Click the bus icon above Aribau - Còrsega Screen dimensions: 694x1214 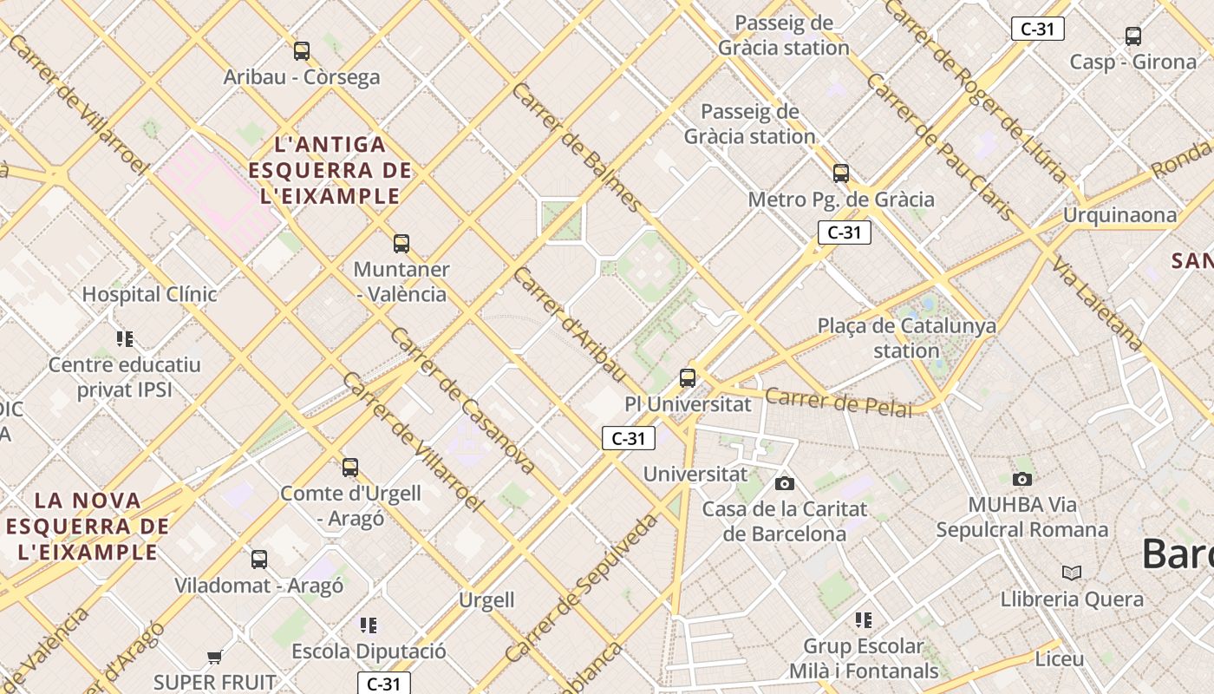tap(301, 51)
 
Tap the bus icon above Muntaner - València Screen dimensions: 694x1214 tap(401, 244)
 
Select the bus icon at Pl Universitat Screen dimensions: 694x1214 tap(688, 378)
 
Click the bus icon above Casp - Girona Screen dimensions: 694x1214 tap(1132, 36)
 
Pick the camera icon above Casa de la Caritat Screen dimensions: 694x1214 tap(785, 483)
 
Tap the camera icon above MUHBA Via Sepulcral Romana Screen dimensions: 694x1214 tap(1022, 479)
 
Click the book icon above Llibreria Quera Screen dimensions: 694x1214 tap(1072, 573)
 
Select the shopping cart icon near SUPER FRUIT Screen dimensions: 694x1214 tap(215, 657)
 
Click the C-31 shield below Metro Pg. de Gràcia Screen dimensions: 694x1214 tap(844, 232)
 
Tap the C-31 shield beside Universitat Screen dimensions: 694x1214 tap(628, 438)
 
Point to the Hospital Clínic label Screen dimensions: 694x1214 tap(149, 294)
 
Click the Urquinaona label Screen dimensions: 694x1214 tap(1119, 214)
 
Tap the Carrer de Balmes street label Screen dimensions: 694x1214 tap(577, 148)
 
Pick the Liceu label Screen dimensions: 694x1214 tap(1059, 659)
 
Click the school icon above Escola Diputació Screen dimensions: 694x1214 tap(369, 625)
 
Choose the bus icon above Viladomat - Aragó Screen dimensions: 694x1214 tap(258, 560)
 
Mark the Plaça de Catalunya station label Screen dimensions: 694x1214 tap(906, 338)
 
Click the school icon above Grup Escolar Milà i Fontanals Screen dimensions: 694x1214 tap(863, 619)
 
